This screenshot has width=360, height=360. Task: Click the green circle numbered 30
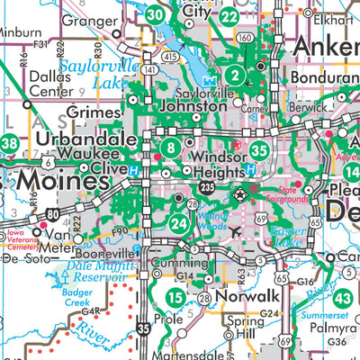pyautogui.click(x=156, y=14)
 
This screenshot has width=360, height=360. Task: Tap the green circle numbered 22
pyautogui.click(x=229, y=15)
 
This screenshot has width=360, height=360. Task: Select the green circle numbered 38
pyautogui.click(x=9, y=142)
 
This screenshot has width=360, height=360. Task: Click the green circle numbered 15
pyautogui.click(x=175, y=297)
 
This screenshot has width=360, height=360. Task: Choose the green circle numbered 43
pyautogui.click(x=343, y=299)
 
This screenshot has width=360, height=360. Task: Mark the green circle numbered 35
pyautogui.click(x=259, y=151)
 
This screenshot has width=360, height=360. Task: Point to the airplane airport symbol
pyautogui.click(x=236, y=231)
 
